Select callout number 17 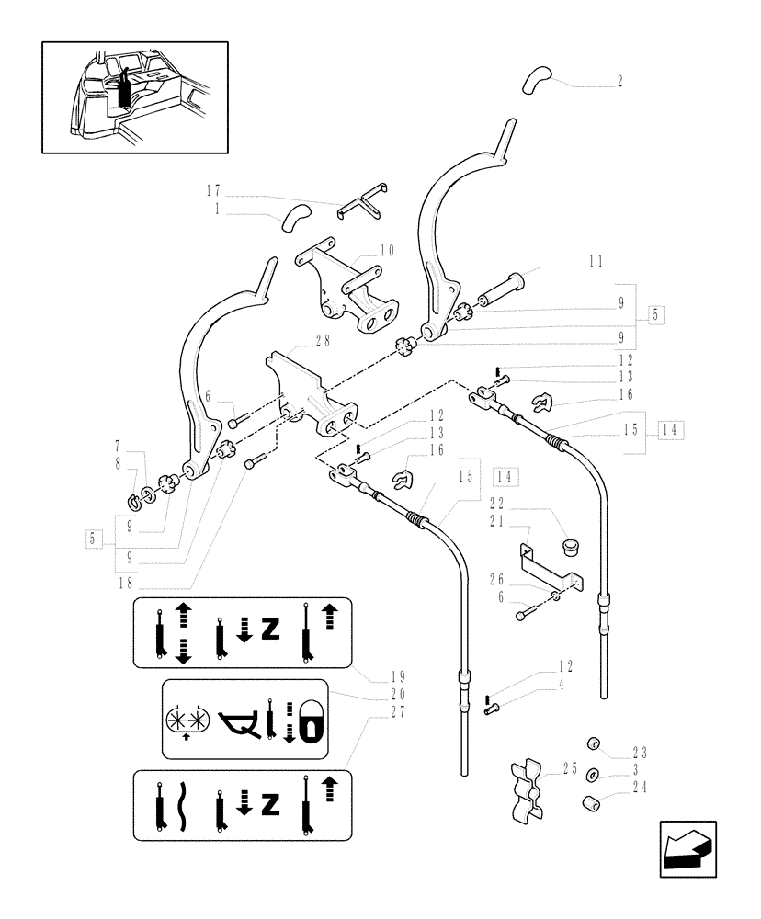(213, 191)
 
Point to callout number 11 (596, 261)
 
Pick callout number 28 (323, 340)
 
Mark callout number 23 (640, 751)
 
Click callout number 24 (640, 787)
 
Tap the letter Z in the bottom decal (269, 806)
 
